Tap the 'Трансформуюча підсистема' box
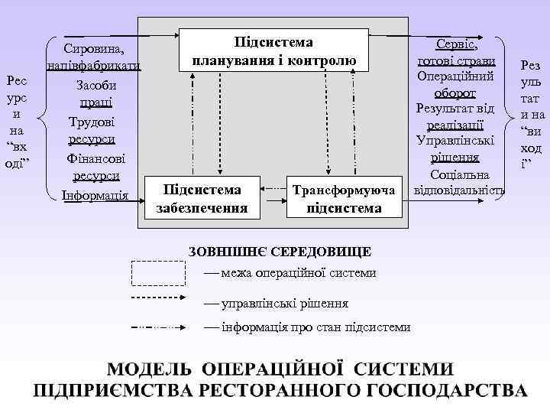coord(343,197)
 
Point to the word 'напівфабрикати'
coord(93,66)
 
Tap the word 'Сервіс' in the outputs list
coord(455,44)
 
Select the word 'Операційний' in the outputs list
coord(456,77)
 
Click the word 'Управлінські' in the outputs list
coord(456,141)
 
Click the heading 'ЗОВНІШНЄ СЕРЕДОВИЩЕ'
coord(280,252)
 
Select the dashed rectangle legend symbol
coord(159,272)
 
